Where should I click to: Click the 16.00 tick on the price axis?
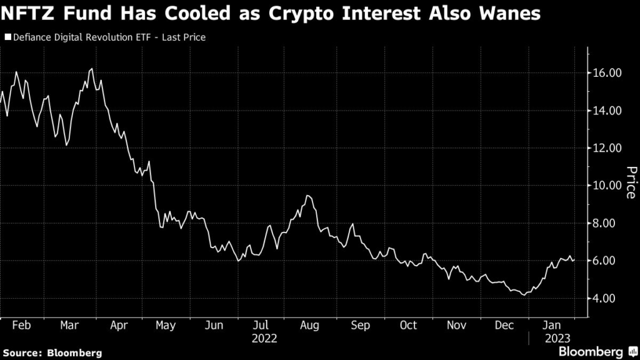[x=607, y=73]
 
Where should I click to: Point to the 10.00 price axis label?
[x=607, y=186]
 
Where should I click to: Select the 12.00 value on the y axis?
[x=607, y=148]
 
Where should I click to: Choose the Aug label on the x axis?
[x=310, y=326]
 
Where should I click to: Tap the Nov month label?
[x=456, y=326]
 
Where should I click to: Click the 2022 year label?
[x=264, y=339]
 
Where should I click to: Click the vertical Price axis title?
[x=631, y=182]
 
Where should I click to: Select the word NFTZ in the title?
[x=28, y=14]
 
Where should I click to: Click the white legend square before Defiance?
[x=7, y=37]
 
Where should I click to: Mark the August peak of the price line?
[x=307, y=196]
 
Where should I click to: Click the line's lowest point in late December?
[x=524, y=294]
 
